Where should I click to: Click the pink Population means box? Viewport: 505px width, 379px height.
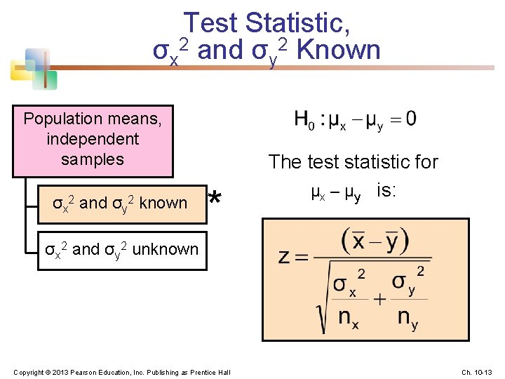(x=93, y=140)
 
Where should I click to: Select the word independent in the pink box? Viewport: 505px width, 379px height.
(x=93, y=139)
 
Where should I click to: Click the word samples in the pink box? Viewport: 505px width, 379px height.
(x=93, y=159)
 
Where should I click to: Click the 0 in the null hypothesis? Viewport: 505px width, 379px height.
(x=410, y=119)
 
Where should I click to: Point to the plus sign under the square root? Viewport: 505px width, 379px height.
(x=379, y=299)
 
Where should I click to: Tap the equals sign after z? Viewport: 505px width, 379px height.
(x=302, y=257)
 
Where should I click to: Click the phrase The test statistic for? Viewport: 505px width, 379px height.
(x=353, y=162)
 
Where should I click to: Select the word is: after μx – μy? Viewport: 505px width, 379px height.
(x=386, y=190)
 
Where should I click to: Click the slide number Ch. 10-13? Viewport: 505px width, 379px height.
(x=478, y=371)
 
